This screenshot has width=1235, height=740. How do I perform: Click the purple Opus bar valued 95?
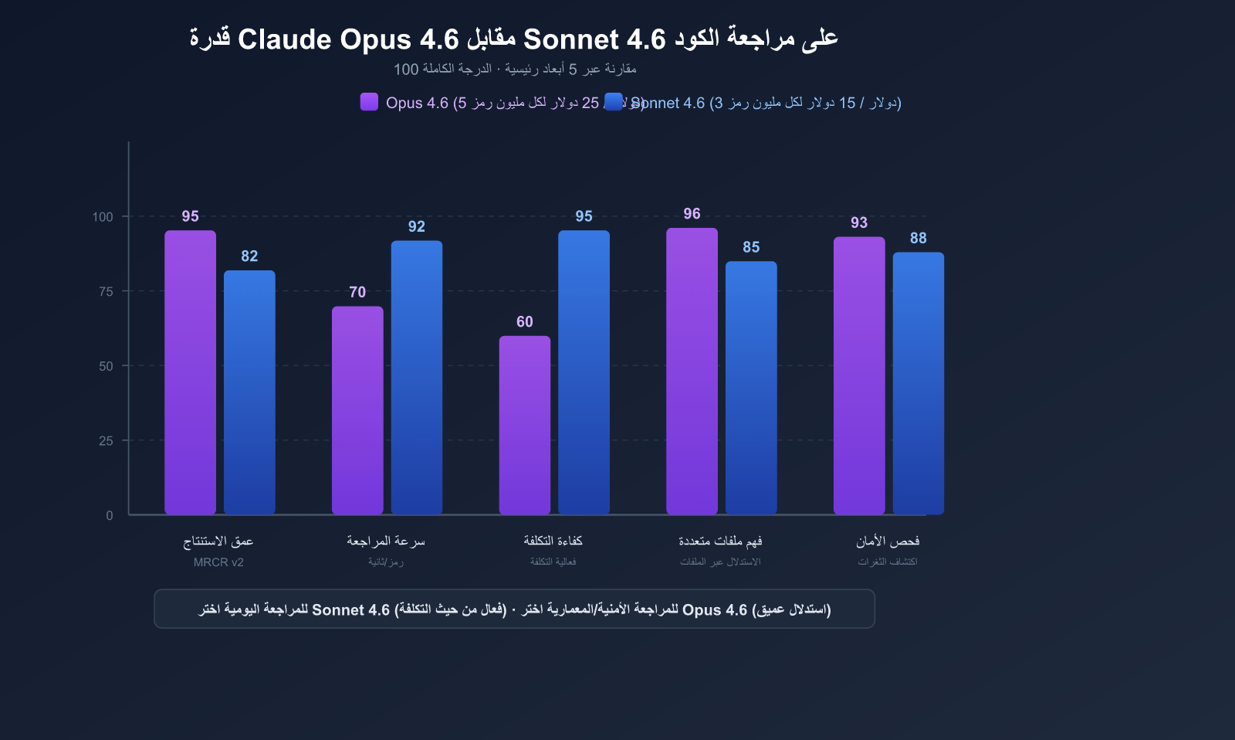click(190, 372)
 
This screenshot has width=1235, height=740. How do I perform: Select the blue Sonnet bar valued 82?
click(249, 392)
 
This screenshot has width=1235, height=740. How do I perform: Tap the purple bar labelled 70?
click(357, 409)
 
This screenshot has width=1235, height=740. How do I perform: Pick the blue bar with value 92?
click(417, 377)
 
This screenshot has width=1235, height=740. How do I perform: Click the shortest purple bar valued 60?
click(525, 424)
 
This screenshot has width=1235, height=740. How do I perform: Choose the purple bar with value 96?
click(692, 371)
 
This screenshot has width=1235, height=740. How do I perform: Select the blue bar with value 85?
click(751, 387)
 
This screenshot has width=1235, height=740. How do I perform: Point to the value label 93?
click(859, 223)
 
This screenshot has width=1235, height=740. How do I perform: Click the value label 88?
click(918, 239)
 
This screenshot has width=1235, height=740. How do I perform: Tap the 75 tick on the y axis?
click(106, 291)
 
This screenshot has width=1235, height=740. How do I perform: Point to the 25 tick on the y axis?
click(106, 441)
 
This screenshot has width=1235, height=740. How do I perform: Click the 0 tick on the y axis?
click(110, 515)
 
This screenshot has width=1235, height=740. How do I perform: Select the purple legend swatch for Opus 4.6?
click(369, 102)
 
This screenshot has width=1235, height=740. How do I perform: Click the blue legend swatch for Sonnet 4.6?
click(614, 102)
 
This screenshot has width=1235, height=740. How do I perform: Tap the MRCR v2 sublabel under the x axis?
click(218, 562)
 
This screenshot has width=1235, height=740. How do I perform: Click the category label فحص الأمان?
click(888, 541)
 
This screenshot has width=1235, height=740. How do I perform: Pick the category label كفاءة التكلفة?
click(553, 541)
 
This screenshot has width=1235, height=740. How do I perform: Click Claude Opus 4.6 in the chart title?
click(348, 39)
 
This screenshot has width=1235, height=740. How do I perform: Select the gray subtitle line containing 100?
click(515, 70)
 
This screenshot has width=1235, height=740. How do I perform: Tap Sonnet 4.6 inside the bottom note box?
click(350, 610)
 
